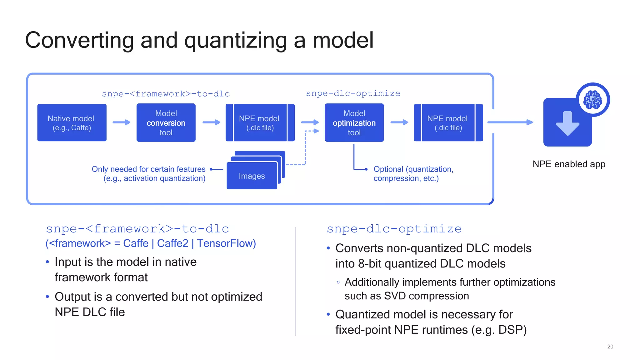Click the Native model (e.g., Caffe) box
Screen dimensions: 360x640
coord(72,123)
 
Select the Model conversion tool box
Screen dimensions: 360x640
coord(166,123)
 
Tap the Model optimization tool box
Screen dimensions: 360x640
coord(354,123)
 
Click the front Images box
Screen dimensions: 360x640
coord(252,176)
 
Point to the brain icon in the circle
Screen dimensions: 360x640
coord(592,100)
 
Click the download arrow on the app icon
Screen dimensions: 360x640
coord(567,123)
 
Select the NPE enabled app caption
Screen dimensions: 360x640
coord(569,164)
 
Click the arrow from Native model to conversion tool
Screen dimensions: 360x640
coord(122,122)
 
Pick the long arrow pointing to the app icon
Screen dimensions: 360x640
coord(510,122)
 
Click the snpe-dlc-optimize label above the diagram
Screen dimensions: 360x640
coord(353,93)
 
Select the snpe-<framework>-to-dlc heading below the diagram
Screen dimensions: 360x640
coord(137,229)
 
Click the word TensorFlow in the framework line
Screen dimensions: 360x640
coord(226,243)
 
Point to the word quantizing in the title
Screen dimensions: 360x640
coord(236,41)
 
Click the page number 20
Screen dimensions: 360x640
coord(610,347)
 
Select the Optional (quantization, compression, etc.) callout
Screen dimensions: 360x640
coord(413,174)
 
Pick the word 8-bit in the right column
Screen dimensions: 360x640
coord(370,264)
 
